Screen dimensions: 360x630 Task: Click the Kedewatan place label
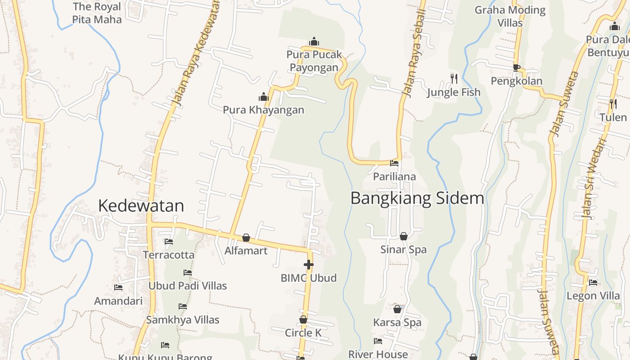tap(141, 206)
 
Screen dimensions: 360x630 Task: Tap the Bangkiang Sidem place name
tap(417, 198)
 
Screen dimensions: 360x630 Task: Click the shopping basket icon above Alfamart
tap(246, 238)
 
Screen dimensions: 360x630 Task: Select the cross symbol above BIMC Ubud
tap(309, 265)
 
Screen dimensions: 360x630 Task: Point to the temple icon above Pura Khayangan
tap(264, 97)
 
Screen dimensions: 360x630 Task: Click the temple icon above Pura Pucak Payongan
tap(314, 42)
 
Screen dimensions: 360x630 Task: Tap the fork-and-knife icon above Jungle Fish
tap(454, 79)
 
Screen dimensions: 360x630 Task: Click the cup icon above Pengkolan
tap(517, 68)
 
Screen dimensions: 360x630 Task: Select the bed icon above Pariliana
tap(394, 163)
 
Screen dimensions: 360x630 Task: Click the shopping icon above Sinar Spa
tap(404, 236)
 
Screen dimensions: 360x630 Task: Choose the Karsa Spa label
tap(397, 322)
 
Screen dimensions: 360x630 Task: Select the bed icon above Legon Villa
tap(593, 283)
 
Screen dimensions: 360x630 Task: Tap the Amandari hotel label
tap(118, 301)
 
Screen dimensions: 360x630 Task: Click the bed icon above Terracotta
tap(169, 242)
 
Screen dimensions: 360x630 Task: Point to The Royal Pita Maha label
tap(97, 13)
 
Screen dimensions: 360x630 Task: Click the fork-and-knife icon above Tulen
tap(613, 104)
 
